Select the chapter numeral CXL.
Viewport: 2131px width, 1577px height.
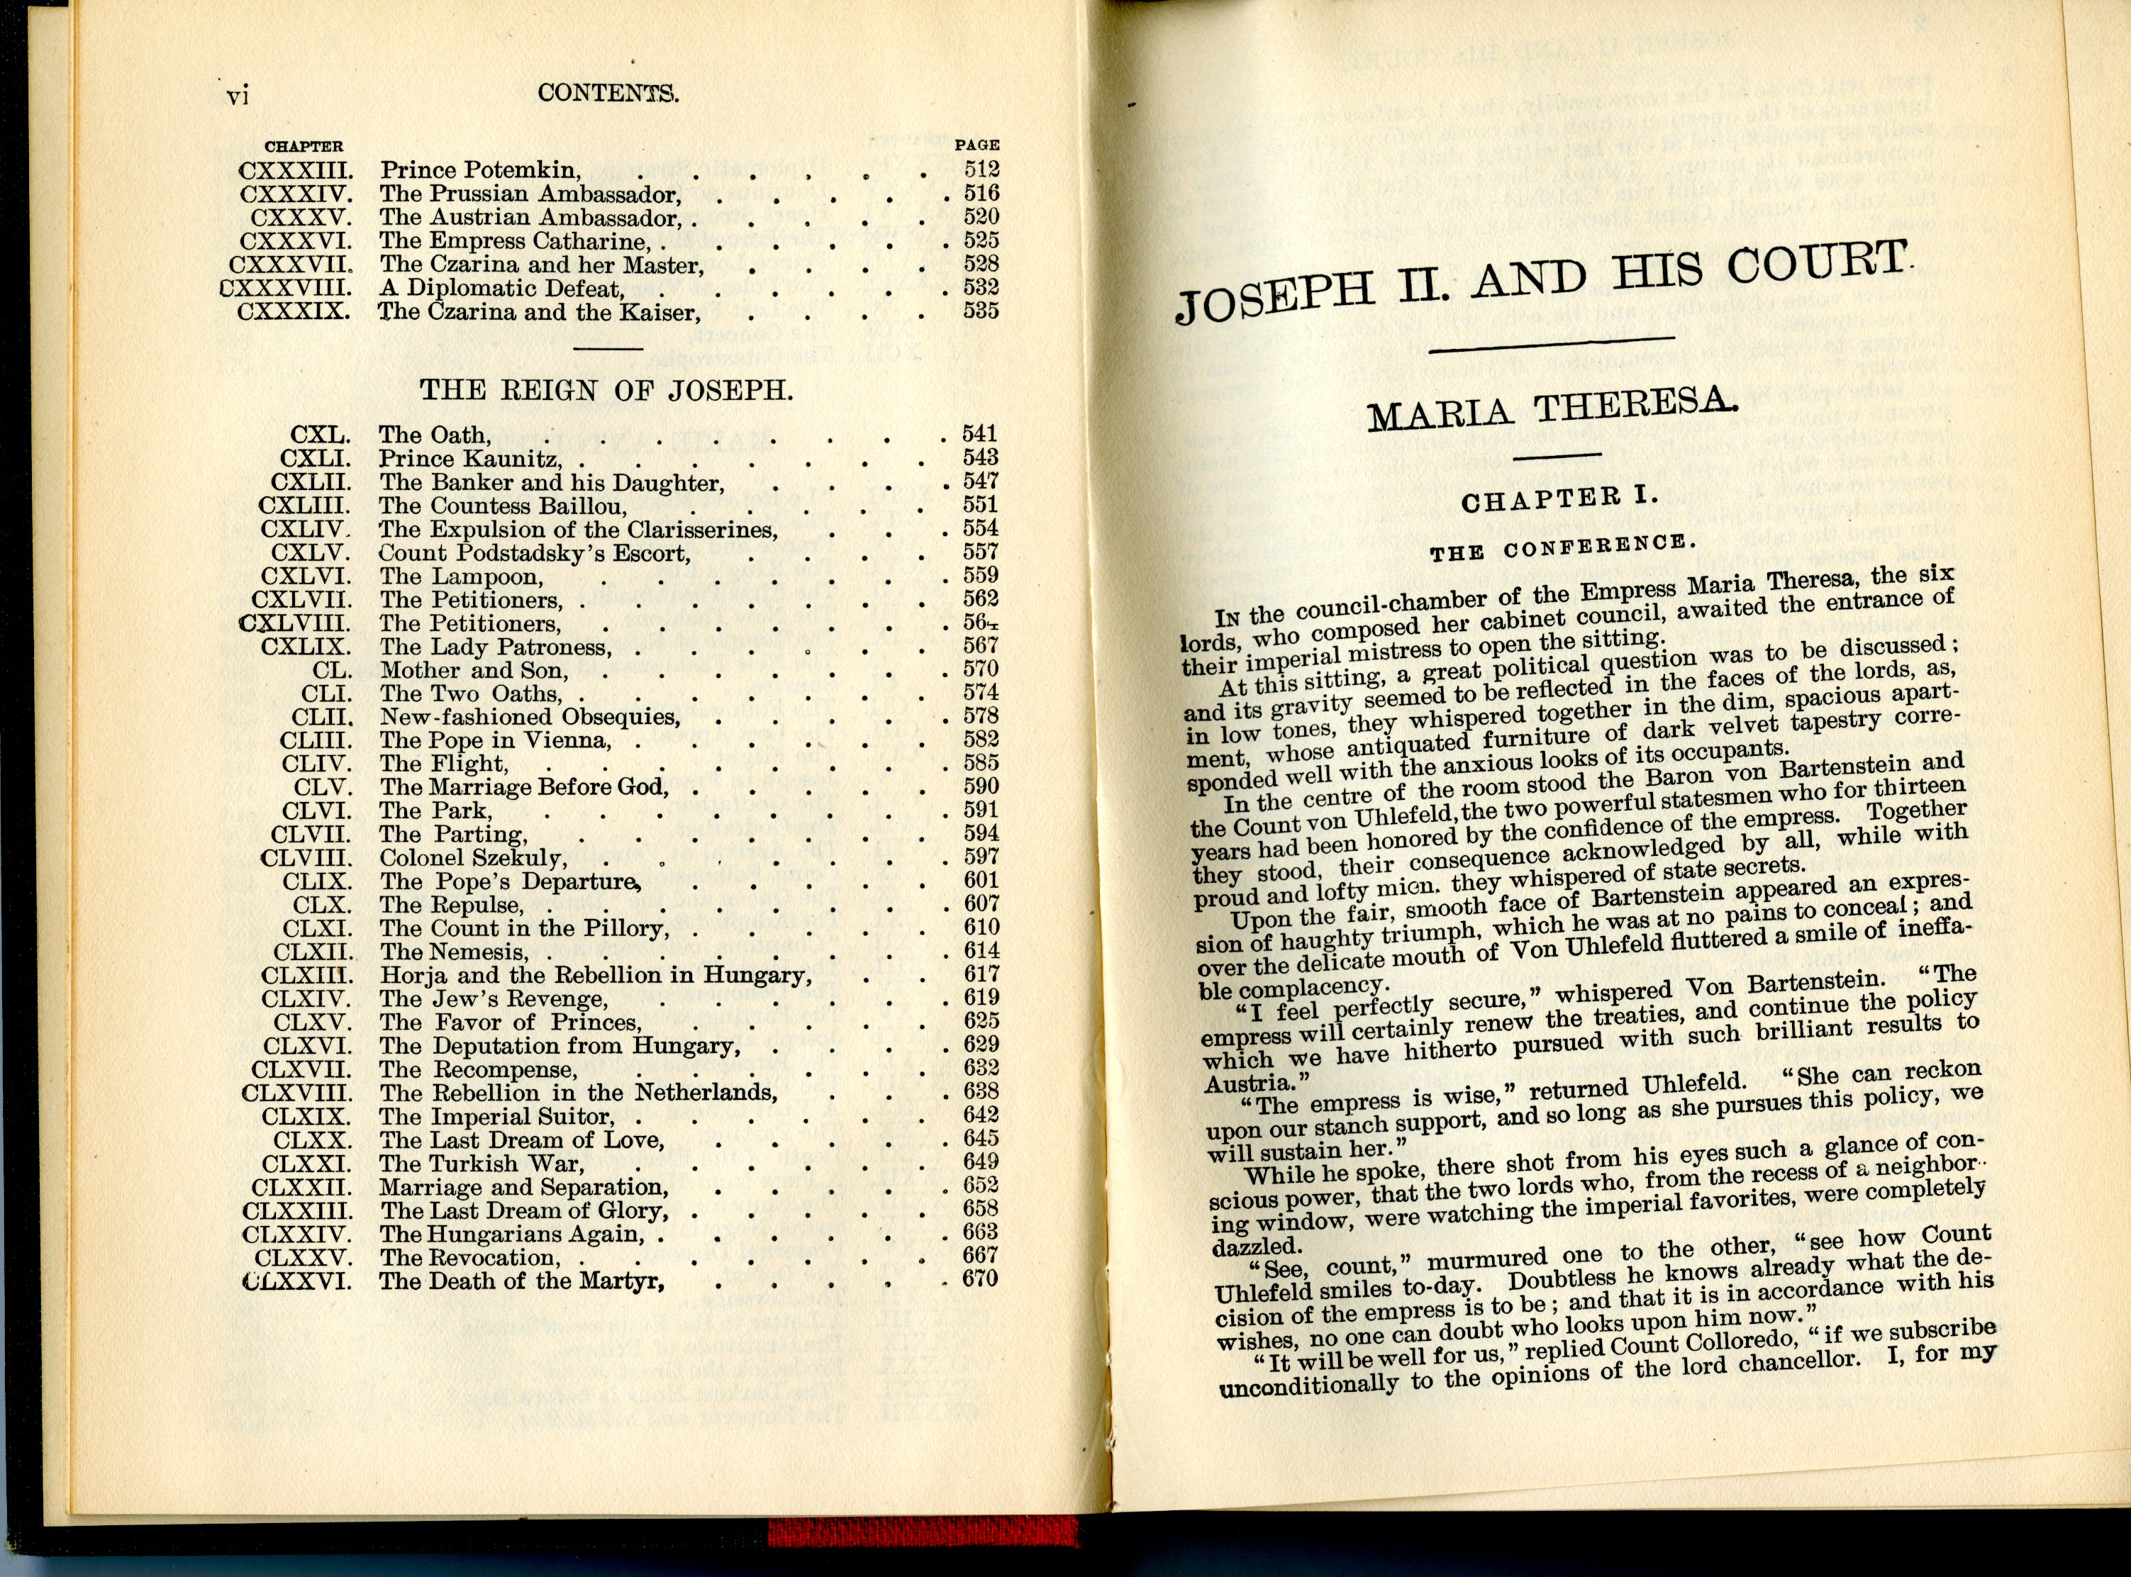pyautogui.click(x=321, y=435)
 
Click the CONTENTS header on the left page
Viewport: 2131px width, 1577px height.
pyautogui.click(x=608, y=94)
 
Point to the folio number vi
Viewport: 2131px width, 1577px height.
pyautogui.click(x=238, y=96)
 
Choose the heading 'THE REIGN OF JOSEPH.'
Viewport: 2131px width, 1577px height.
pyautogui.click(x=606, y=391)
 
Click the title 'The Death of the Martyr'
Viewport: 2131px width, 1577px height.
pyautogui.click(x=521, y=1281)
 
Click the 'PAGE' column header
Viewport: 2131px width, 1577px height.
pyautogui.click(x=977, y=146)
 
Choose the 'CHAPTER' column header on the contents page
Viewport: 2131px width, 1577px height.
pyautogui.click(x=304, y=147)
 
